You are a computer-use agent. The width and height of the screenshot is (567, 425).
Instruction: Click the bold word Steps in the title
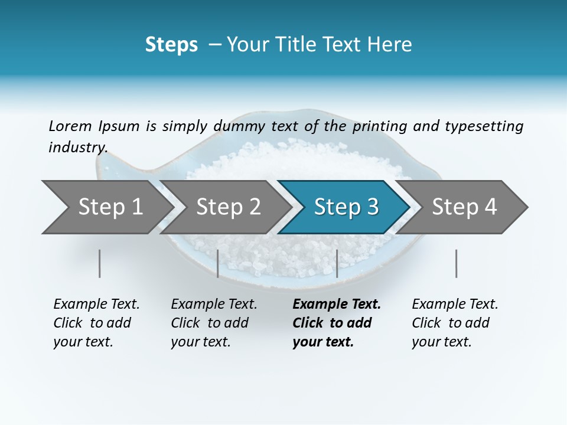171,45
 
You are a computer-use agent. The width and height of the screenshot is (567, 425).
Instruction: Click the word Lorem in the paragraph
70,126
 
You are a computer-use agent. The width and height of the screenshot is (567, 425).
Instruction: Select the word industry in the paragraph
77,147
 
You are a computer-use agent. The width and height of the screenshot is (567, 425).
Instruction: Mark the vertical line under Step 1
100,263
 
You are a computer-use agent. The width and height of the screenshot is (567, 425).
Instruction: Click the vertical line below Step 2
218,263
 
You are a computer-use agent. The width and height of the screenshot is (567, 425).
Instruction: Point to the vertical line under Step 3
337,263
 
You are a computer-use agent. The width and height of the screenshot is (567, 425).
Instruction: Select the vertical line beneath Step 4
457,263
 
